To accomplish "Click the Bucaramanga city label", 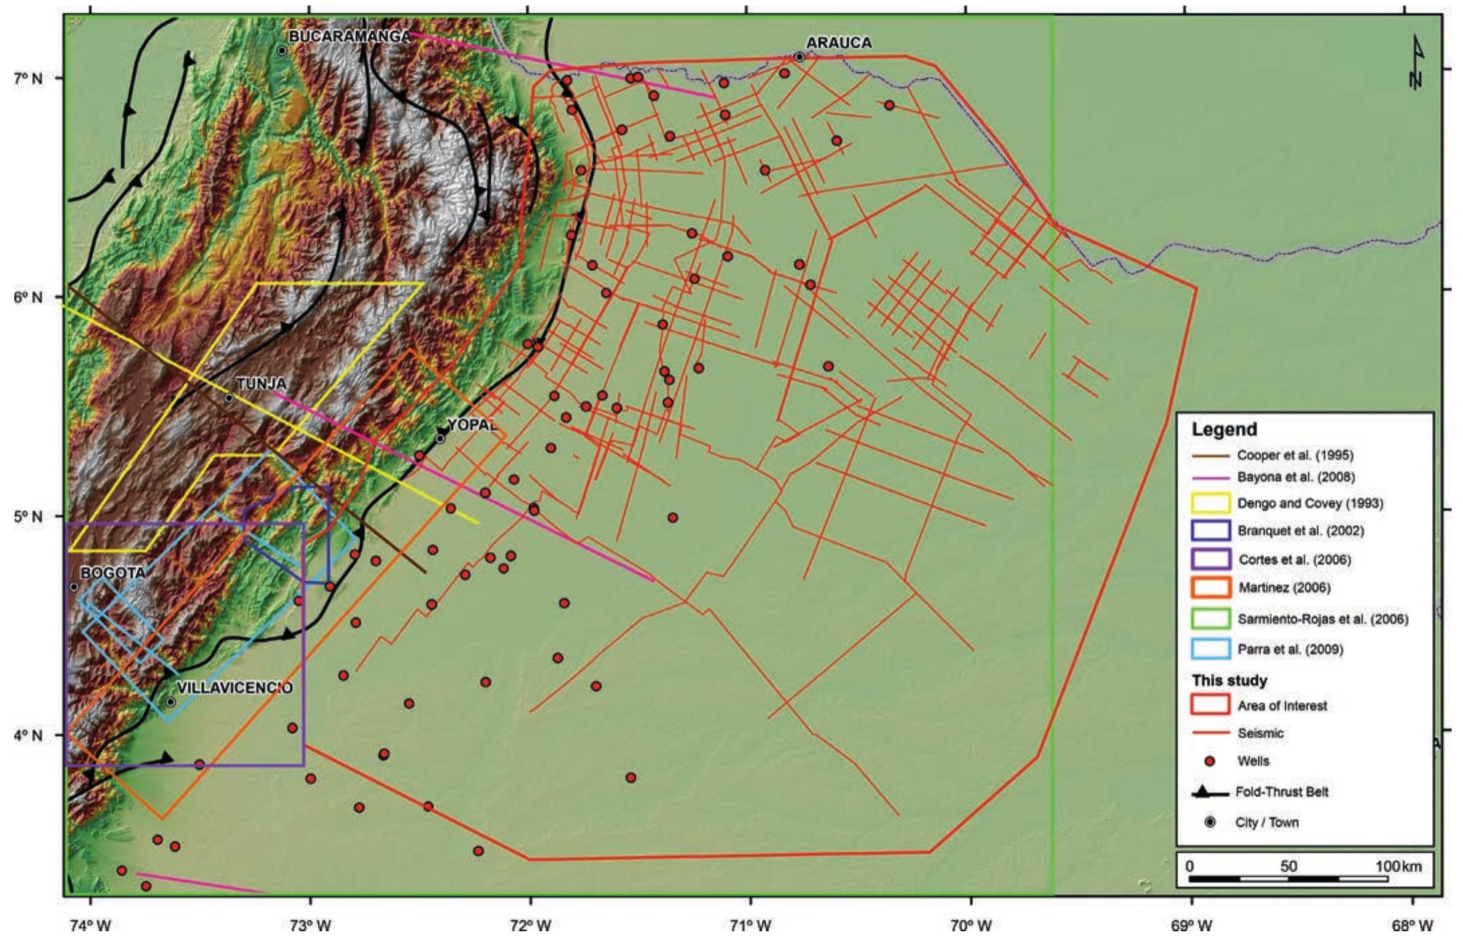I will point(349,36).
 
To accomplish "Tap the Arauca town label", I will point(839,43).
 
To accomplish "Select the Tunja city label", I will point(261,383).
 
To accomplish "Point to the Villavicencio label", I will point(235,688).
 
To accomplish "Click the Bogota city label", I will point(113,573).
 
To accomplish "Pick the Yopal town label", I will point(472,424).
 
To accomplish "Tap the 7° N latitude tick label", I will point(27,78).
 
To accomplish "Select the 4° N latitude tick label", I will point(27,735).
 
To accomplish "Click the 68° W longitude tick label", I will point(1412,927).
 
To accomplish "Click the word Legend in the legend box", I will point(1224,430).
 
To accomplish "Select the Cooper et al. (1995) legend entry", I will point(1295,455).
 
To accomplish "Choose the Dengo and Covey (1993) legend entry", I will point(1309,504).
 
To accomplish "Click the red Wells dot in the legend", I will point(1210,761).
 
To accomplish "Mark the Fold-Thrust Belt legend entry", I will point(1281,792).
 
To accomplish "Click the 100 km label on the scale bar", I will point(1399,866).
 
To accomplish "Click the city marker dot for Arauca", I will point(799,57).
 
